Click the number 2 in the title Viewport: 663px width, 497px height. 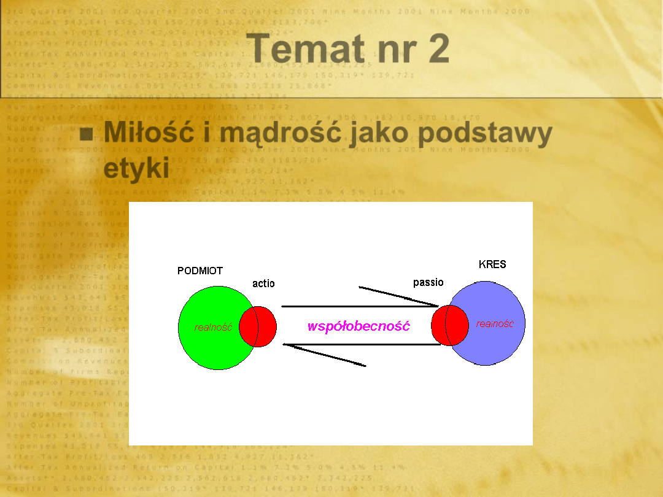click(x=439, y=50)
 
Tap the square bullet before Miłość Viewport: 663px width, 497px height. click(x=87, y=133)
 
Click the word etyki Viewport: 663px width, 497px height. click(x=136, y=168)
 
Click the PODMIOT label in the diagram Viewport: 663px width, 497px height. click(x=200, y=271)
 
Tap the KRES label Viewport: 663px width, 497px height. click(x=492, y=265)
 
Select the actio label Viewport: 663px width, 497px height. click(x=263, y=283)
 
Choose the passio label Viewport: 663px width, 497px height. click(x=428, y=282)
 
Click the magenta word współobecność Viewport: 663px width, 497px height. click(x=359, y=326)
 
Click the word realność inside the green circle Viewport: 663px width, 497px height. click(x=213, y=328)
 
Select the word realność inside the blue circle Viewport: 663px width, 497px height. click(x=495, y=324)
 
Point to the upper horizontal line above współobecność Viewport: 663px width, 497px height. click(x=359, y=306)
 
